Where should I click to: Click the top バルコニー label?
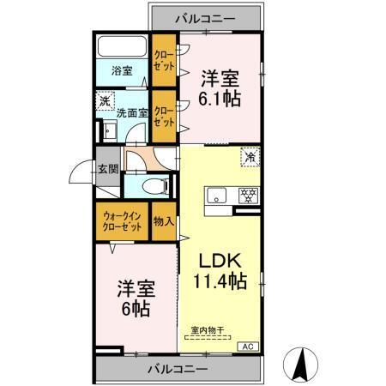(x=206, y=16)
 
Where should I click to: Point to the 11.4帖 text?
(x=220, y=280)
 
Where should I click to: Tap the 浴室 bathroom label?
(x=121, y=71)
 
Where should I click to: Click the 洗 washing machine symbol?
(x=104, y=100)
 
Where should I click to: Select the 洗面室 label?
(x=133, y=112)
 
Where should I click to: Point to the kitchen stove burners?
(x=248, y=195)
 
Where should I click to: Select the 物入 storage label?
(x=163, y=221)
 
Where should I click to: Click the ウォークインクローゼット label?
(x=121, y=222)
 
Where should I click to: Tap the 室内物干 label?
(x=206, y=330)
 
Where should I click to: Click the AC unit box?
(x=248, y=347)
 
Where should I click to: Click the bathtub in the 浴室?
(x=121, y=47)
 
